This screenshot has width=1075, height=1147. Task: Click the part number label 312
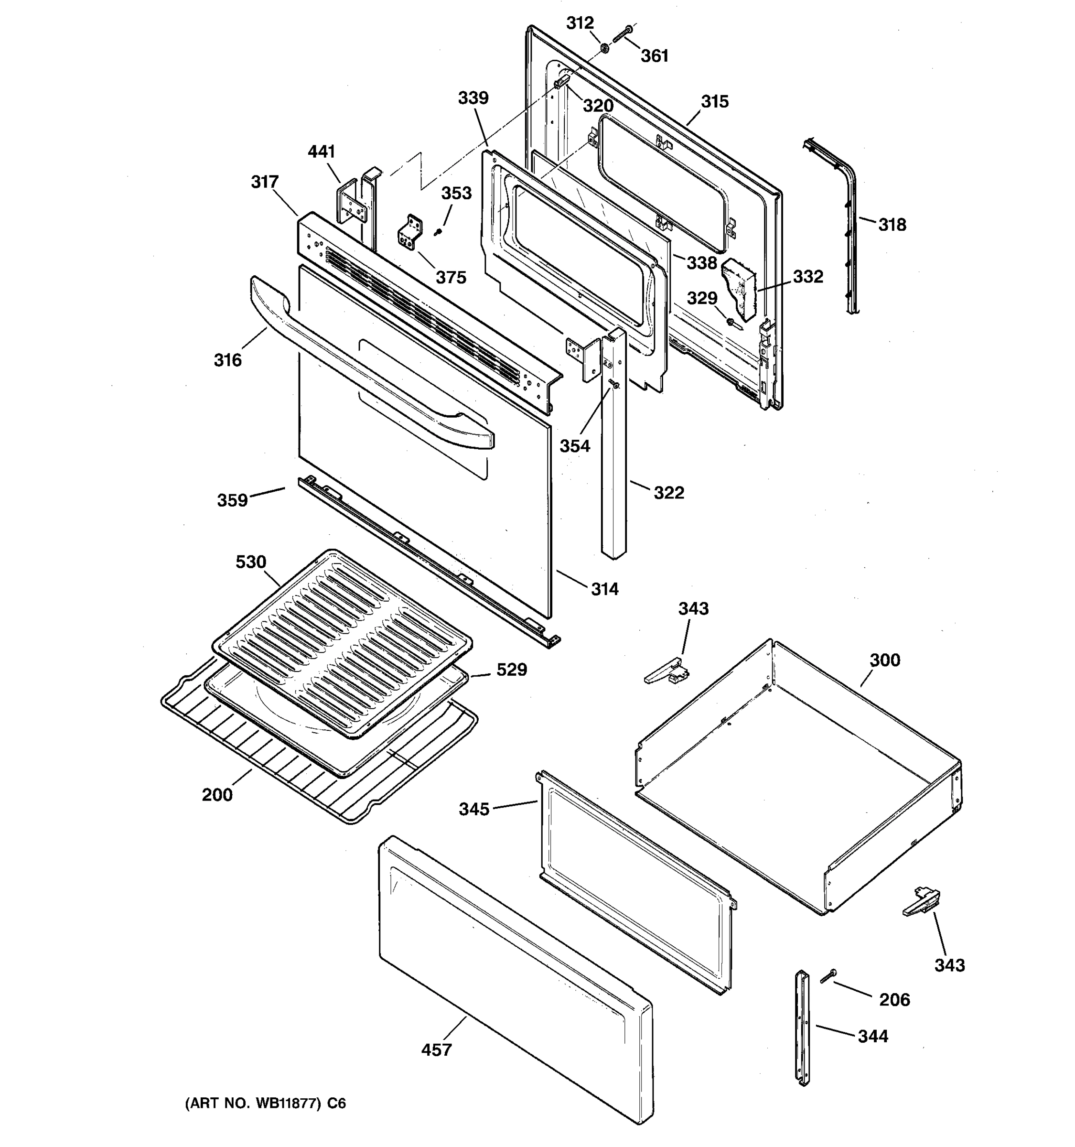[580, 23]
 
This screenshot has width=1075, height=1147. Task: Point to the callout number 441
[321, 152]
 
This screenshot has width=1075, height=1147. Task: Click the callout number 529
[512, 670]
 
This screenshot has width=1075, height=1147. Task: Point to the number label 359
[232, 500]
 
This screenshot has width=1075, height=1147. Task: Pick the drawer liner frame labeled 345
[634, 877]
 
